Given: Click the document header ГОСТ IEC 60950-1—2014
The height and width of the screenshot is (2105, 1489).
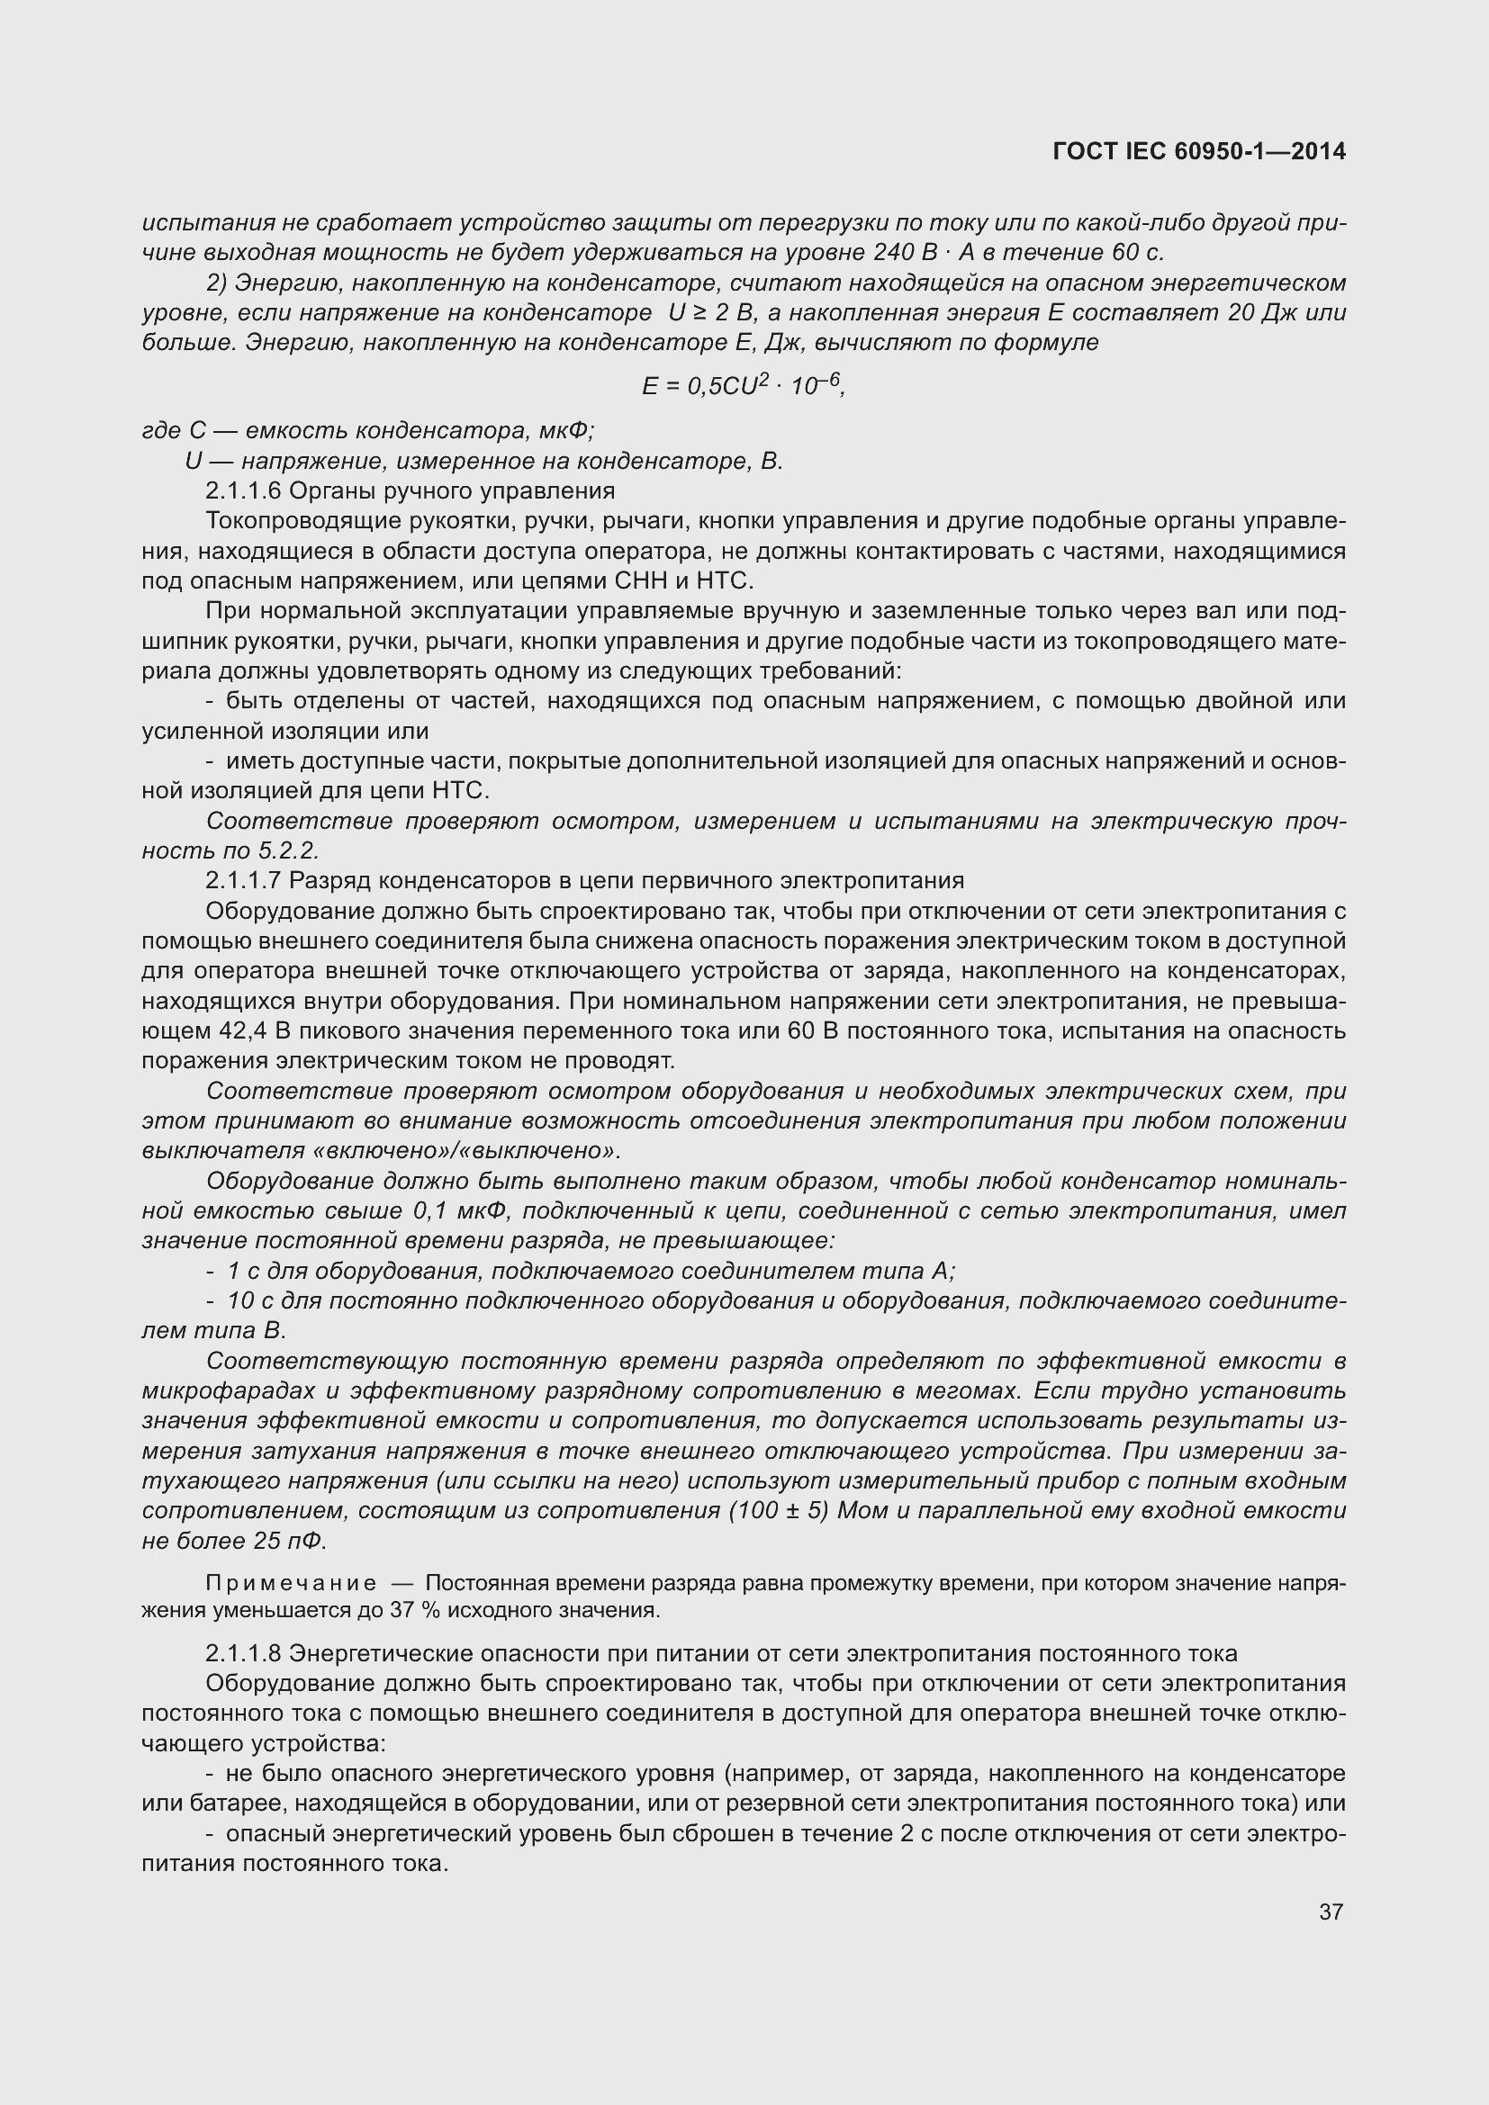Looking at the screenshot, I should [x=1199, y=152].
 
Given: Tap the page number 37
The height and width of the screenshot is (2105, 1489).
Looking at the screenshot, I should [x=1331, y=1912].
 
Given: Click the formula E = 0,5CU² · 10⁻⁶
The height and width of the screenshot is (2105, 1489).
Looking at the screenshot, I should [x=743, y=386].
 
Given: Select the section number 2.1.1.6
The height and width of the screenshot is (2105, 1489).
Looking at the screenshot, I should [x=243, y=490].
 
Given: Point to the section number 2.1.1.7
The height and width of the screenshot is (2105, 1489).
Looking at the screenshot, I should [x=243, y=880].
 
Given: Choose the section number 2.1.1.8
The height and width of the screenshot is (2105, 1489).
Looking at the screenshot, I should [x=243, y=1653].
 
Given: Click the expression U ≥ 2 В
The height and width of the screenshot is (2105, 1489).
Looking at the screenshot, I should [x=711, y=312].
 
